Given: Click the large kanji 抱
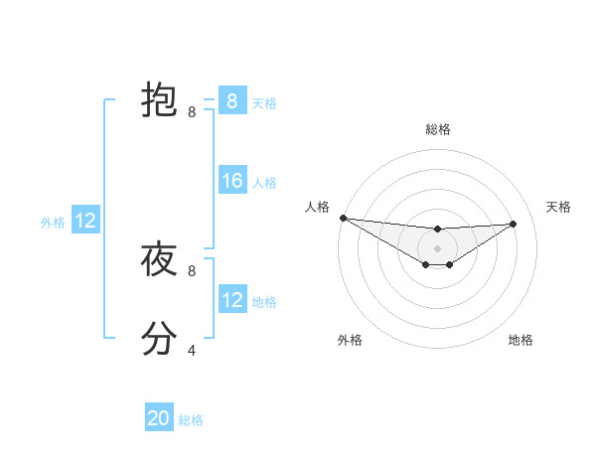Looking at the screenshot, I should (159, 100).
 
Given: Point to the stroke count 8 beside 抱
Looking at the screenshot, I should (192, 112).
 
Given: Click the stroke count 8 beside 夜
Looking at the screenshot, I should (192, 270).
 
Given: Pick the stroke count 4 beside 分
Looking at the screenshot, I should (192, 350).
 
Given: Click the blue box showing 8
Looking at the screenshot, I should (231, 101).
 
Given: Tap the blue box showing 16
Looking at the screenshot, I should (231, 181).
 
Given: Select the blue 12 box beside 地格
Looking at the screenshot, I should (231, 300).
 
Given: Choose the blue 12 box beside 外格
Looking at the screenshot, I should (85, 221).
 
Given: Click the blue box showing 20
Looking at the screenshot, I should (159, 418).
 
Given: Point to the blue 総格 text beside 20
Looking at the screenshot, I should (191, 420).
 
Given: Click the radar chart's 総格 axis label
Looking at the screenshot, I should (438, 129).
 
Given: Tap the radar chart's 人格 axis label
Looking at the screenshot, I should (317, 207).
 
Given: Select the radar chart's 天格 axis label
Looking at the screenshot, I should (559, 207).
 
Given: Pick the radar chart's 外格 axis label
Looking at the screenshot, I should (350, 340).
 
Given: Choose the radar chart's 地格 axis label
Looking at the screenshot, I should (521, 340).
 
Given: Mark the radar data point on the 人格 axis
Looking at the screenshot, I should (343, 218).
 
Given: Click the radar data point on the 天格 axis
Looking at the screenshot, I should (514, 224).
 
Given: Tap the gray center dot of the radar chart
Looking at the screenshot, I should (438, 248).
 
